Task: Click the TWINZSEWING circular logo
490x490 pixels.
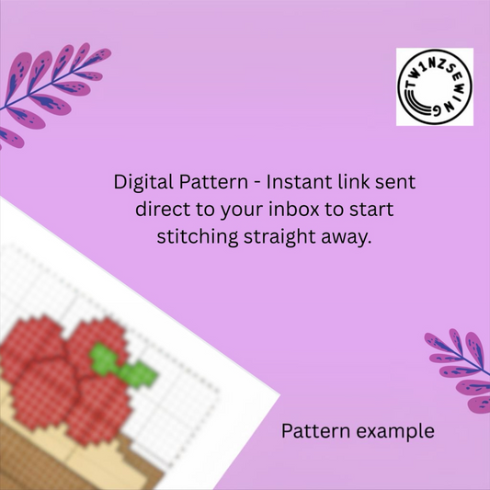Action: point(434,86)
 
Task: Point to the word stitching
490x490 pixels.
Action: point(198,237)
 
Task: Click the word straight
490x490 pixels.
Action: point(279,237)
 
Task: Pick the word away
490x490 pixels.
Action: point(347,238)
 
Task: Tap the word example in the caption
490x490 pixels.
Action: point(395,432)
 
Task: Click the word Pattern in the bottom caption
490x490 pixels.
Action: point(315,431)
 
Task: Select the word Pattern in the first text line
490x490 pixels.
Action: point(213,181)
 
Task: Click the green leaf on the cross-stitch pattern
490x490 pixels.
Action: point(123,365)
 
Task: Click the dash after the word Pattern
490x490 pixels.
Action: point(256,183)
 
